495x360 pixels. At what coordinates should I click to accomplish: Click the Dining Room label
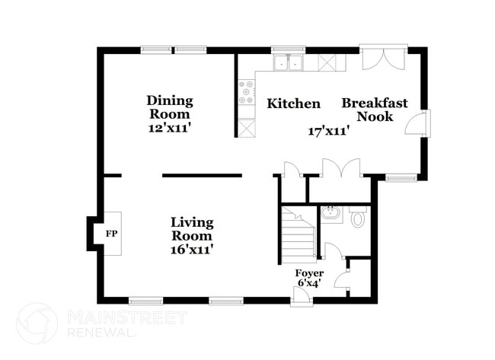(x=170, y=107)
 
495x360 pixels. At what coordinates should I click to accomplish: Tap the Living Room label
(x=192, y=229)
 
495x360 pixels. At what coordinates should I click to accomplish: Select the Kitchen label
(x=294, y=104)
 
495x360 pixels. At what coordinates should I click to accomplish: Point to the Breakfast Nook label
(x=375, y=110)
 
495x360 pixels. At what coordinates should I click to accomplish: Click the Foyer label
(x=309, y=273)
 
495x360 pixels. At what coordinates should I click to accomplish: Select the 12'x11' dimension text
(x=169, y=128)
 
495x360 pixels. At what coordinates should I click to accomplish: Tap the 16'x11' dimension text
(x=190, y=250)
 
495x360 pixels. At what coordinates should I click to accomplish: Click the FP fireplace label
(x=111, y=234)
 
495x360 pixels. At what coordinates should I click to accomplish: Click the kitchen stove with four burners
(x=247, y=92)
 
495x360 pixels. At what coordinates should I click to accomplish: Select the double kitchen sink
(x=289, y=63)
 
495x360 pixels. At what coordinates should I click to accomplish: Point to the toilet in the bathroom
(x=358, y=216)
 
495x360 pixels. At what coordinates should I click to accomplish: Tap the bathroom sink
(x=331, y=215)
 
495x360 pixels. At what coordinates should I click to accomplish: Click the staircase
(x=299, y=234)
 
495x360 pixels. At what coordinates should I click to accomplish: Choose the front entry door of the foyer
(x=302, y=297)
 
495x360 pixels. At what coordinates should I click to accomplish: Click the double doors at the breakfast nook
(x=384, y=57)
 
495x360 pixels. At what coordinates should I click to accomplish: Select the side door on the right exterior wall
(x=417, y=123)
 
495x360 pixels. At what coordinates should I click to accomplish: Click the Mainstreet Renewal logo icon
(x=37, y=323)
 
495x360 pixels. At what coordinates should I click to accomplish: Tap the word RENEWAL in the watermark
(x=101, y=333)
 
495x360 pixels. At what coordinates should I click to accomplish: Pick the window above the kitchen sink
(x=289, y=49)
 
